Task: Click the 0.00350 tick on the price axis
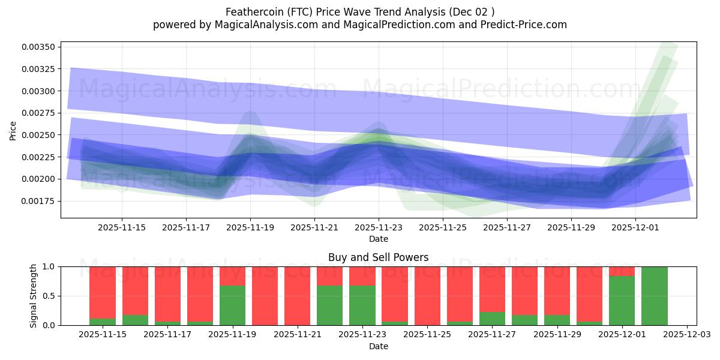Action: [x=40, y=47]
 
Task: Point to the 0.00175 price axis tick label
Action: [x=40, y=201]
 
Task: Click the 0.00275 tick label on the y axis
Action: [x=40, y=113]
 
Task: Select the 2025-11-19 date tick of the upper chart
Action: [x=250, y=227]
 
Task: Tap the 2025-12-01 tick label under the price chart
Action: [x=635, y=227]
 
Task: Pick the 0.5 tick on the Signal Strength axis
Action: [x=50, y=296]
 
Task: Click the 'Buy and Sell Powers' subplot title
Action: [x=378, y=257]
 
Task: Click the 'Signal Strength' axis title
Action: [x=34, y=296]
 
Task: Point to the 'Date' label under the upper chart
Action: [x=378, y=239]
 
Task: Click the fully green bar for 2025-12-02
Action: [x=655, y=296]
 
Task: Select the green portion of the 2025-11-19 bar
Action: [x=232, y=305]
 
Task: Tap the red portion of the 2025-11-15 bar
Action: [x=103, y=284]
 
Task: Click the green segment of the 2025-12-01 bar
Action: [x=622, y=301]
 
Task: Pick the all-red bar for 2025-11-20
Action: [x=265, y=296]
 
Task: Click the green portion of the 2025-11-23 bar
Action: [x=362, y=305]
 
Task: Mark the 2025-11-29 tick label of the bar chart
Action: [x=557, y=335]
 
